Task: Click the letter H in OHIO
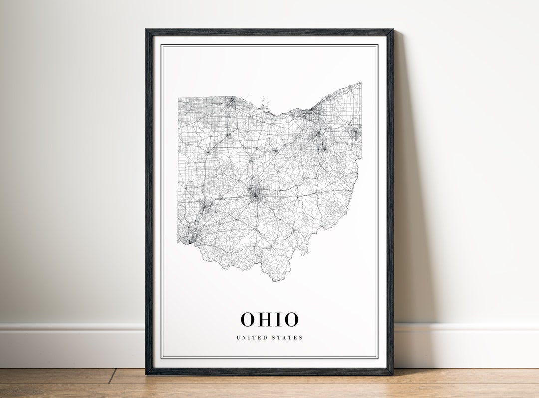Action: tap(264, 319)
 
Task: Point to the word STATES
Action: tap(288, 338)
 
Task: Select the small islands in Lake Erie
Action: tap(264, 104)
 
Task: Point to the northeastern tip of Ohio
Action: tap(360, 84)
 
